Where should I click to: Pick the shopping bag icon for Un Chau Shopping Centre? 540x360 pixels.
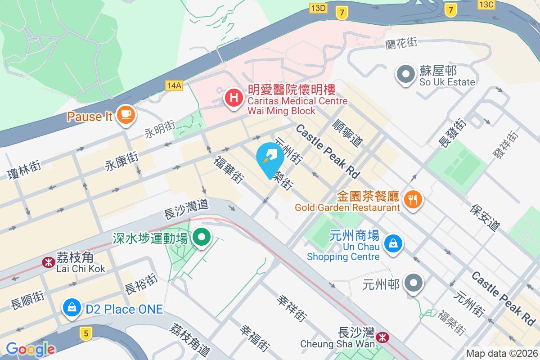tap(393, 244)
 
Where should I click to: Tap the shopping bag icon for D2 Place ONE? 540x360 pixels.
tap(72, 308)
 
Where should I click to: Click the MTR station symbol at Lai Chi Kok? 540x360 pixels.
tap(47, 262)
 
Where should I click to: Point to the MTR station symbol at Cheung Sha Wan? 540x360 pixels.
tap(383, 337)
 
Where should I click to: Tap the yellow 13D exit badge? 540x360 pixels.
tap(318, 8)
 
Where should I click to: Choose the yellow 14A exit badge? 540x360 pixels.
tap(174, 85)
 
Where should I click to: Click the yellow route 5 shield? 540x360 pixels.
tap(85, 333)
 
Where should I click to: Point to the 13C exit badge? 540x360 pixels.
tap(486, 4)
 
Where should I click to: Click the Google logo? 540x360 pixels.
tap(30, 349)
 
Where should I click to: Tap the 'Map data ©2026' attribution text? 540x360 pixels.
tap(501, 353)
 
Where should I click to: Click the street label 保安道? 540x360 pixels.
tap(485, 218)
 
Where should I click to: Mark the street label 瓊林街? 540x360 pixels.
tap(23, 170)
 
